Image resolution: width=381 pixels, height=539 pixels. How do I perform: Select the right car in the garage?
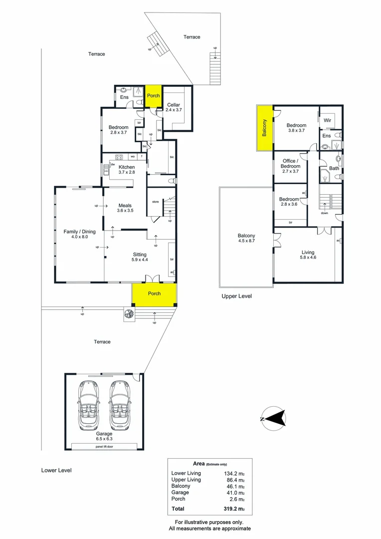[x=120, y=405]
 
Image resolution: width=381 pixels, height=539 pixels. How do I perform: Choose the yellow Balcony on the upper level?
[x=264, y=128]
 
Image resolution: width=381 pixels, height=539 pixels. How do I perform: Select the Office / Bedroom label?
[x=290, y=163]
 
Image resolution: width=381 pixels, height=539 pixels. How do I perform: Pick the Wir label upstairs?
[x=328, y=120]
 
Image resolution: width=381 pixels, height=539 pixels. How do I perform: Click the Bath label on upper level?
[x=334, y=168]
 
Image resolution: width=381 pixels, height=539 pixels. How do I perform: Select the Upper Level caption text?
[x=237, y=296]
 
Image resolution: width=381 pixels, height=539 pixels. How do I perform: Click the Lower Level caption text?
[x=56, y=470]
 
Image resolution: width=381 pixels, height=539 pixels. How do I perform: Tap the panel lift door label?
[x=106, y=446]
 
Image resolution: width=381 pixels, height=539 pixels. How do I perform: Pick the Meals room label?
[x=125, y=208]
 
